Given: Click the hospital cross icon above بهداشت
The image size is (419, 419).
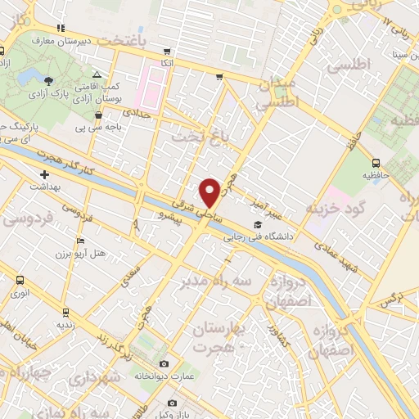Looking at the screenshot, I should (44, 174).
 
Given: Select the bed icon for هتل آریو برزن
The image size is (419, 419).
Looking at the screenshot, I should (79, 241).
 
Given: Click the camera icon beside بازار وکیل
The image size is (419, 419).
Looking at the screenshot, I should (172, 403).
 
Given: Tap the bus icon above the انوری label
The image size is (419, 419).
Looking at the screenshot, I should (20, 280).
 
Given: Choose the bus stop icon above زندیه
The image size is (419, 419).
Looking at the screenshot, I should (66, 312).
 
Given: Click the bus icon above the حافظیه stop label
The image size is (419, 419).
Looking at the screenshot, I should (376, 162).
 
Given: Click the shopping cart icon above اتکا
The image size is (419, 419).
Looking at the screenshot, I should (168, 51).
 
